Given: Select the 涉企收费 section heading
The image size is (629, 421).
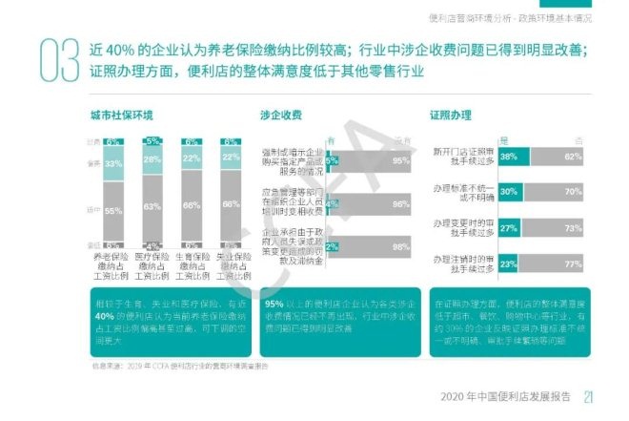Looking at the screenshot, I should [281, 116].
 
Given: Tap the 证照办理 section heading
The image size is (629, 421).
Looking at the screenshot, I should [451, 116].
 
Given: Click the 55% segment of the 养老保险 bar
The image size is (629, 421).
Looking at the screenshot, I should [113, 210].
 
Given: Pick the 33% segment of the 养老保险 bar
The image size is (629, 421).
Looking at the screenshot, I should [113, 164].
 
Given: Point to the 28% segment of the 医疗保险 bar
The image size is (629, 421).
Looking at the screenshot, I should [152, 159].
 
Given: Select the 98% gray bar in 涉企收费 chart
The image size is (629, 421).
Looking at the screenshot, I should [372, 246].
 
